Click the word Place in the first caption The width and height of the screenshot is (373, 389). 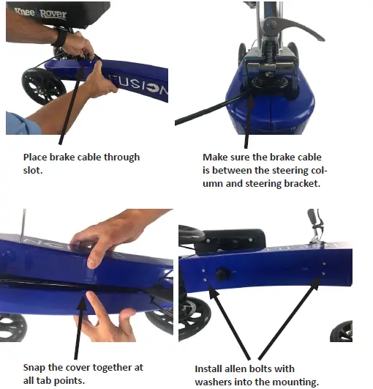[34, 157]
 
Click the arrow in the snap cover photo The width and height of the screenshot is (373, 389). [81, 322]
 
